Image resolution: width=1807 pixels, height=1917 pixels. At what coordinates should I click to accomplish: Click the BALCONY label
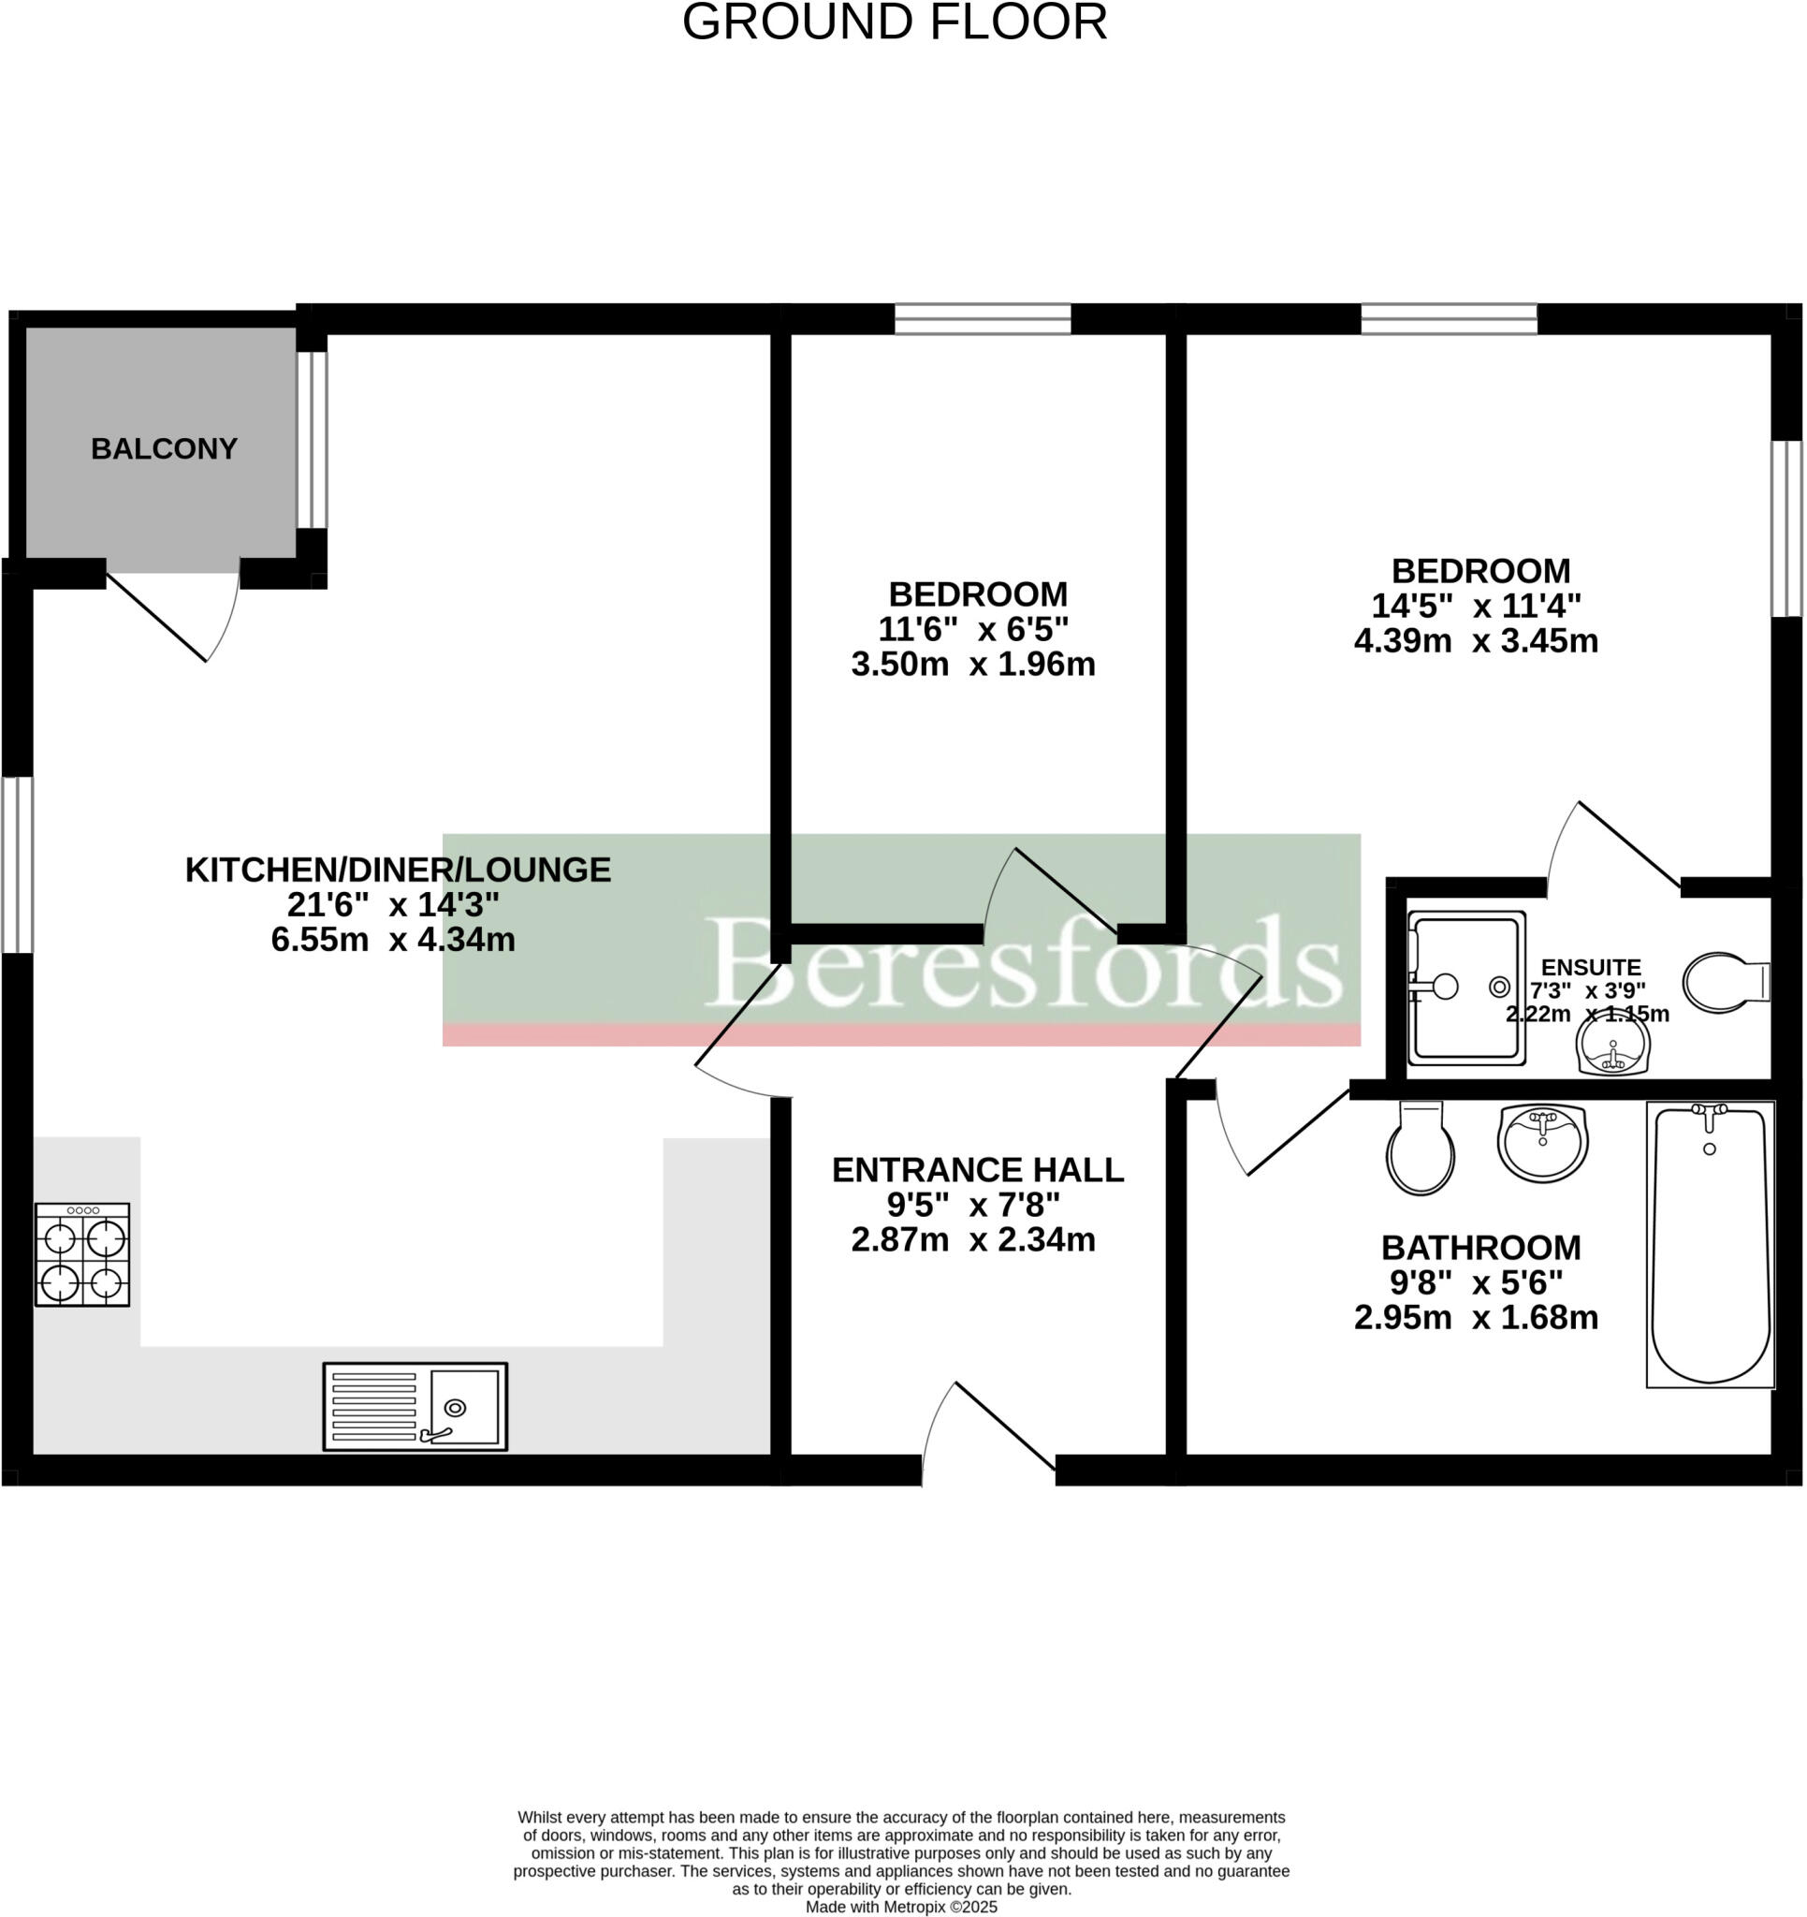coord(164,449)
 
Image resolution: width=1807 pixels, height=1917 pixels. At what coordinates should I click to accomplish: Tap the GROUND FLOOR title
coord(894,23)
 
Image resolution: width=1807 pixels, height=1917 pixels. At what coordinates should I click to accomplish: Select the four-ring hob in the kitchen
coord(82,1254)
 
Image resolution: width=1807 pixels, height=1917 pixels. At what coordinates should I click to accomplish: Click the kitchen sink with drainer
coord(415,1406)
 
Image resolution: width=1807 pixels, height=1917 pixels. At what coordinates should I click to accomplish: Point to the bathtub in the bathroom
coord(1710,1244)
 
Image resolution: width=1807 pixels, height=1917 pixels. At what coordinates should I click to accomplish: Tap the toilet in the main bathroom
coord(1420,1149)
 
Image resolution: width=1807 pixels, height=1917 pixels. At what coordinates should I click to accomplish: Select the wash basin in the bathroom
coord(1542,1142)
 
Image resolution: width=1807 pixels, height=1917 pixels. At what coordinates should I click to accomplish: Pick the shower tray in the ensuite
coord(1466,988)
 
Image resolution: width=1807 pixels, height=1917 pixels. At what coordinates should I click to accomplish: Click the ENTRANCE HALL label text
coord(977,1170)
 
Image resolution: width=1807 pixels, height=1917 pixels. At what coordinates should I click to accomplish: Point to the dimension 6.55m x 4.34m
coord(392,939)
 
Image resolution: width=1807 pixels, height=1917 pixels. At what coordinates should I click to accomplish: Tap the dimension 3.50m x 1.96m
coord(972,665)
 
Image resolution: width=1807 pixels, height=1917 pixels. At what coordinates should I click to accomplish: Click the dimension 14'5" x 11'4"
coord(1476,606)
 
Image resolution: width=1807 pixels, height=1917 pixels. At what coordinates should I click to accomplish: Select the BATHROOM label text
coord(1480,1248)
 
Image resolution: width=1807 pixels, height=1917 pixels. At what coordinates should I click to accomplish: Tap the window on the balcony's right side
coord(312,440)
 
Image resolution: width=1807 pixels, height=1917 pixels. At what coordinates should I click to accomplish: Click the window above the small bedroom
coord(982,319)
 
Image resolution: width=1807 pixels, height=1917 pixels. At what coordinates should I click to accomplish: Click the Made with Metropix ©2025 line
coord(900,1907)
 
